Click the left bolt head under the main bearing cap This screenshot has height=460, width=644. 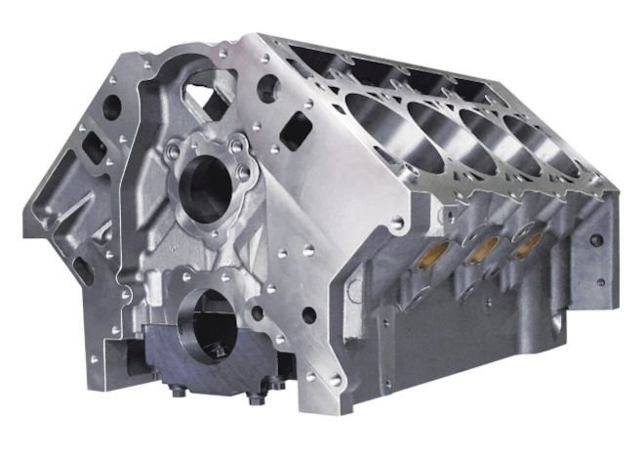pyautogui.click(x=180, y=395)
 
